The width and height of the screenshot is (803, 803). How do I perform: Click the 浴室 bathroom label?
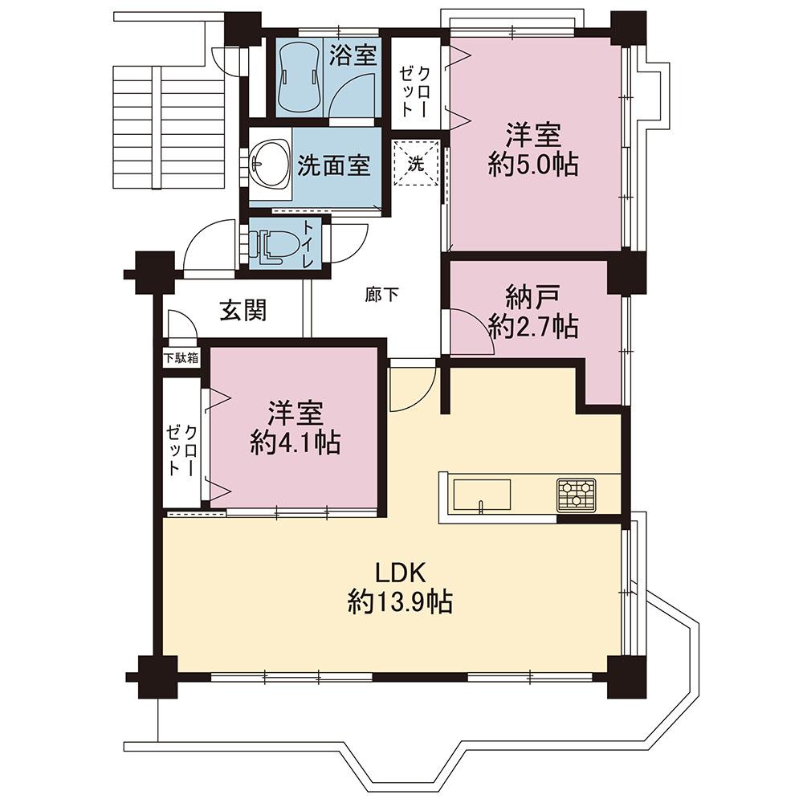(353, 55)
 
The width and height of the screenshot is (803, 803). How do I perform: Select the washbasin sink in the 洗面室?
(268, 164)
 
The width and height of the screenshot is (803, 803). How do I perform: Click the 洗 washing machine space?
(416, 164)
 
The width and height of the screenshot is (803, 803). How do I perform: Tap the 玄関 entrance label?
(243, 311)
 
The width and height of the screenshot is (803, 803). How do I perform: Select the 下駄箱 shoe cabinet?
(181, 358)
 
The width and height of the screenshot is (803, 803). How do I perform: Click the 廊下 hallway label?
(381, 295)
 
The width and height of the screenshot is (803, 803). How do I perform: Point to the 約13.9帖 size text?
(399, 601)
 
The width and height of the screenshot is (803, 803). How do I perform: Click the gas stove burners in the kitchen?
(577, 494)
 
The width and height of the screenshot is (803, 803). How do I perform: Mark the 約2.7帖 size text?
(533, 326)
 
